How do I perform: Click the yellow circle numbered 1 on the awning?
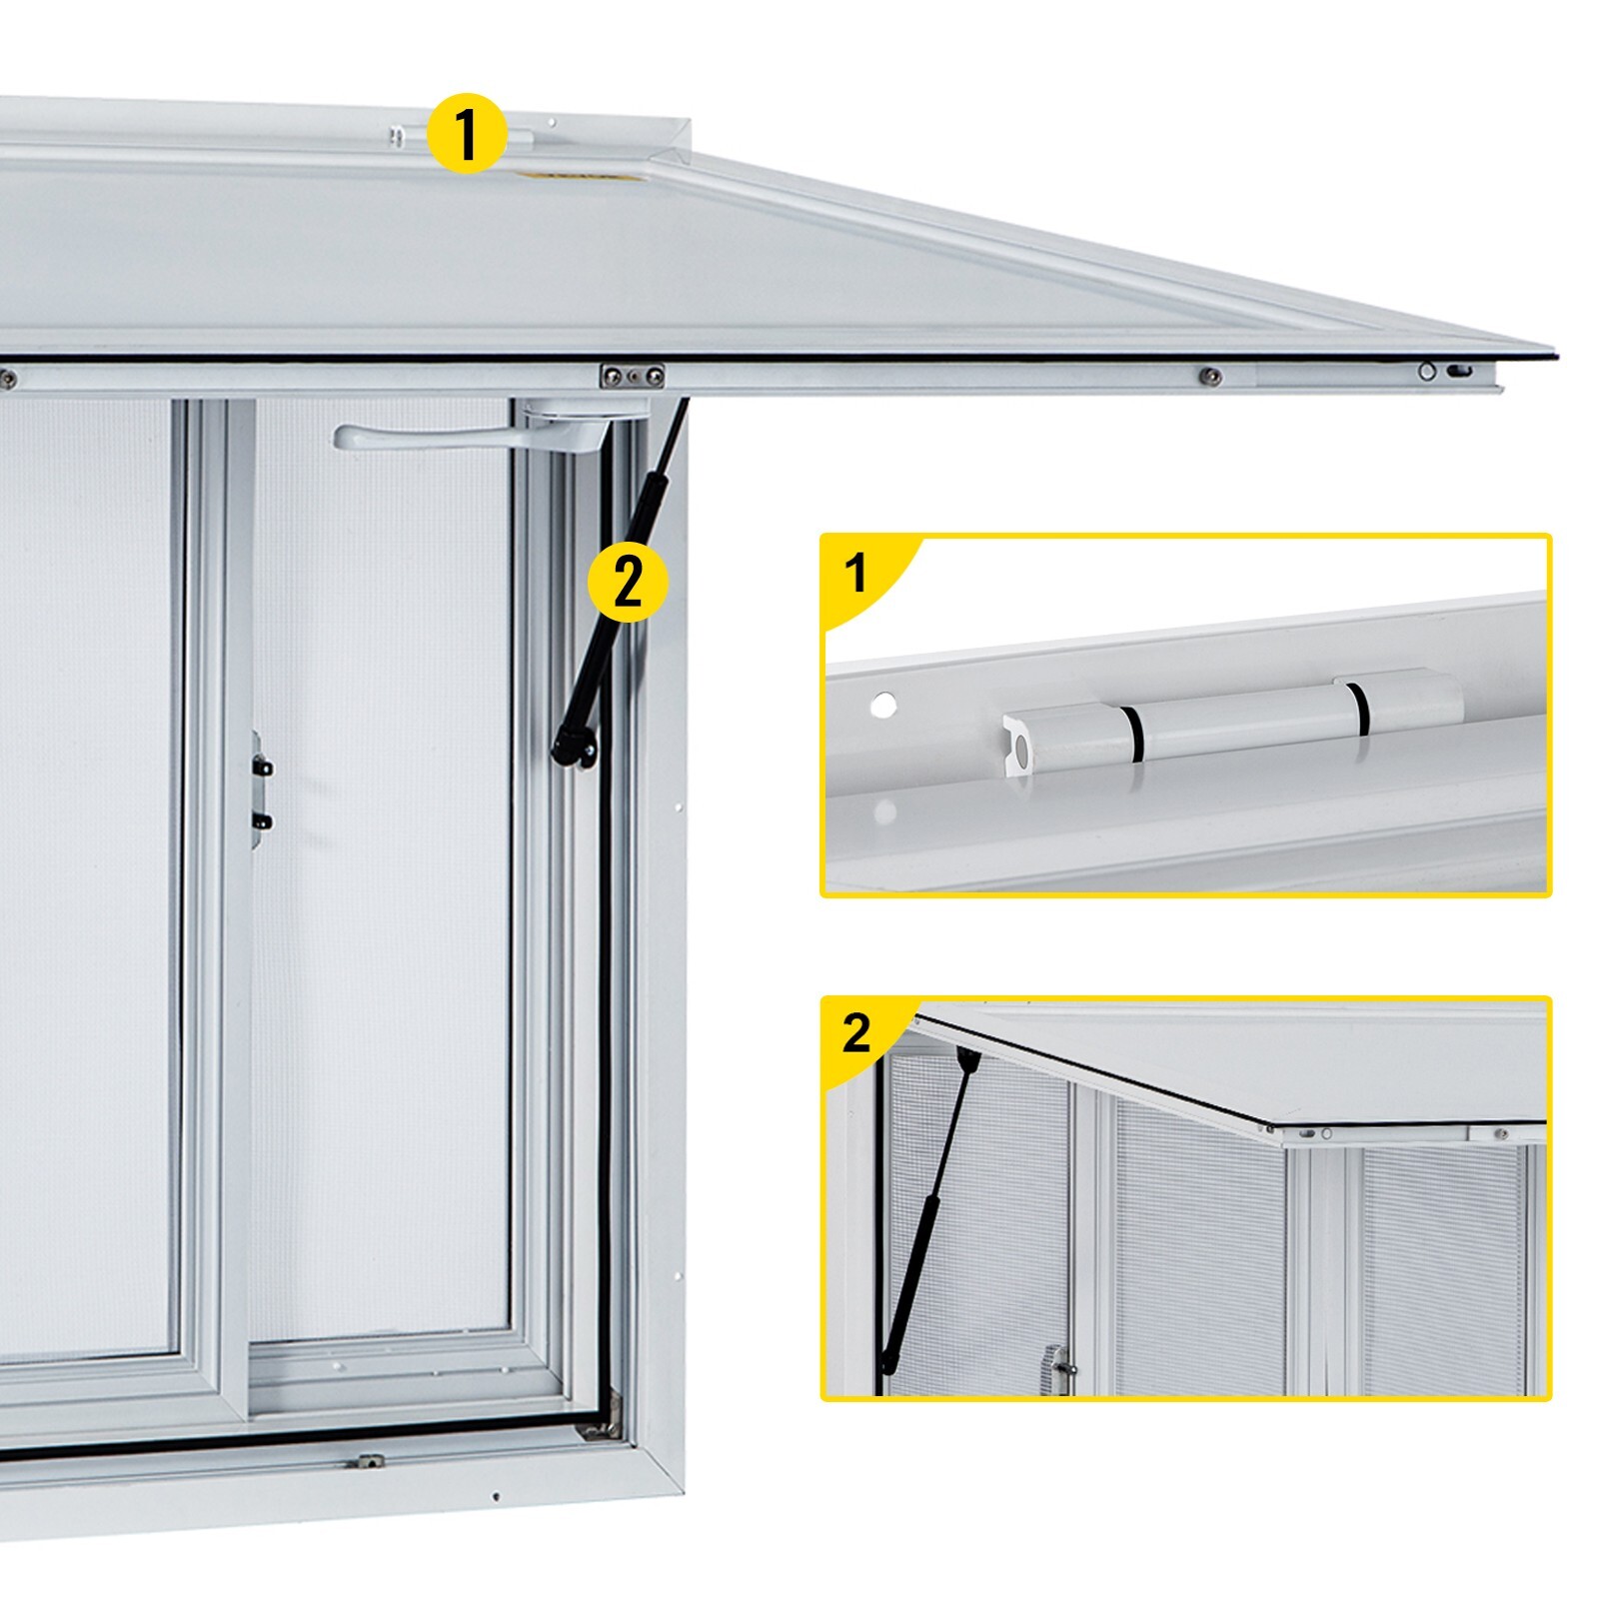(466, 134)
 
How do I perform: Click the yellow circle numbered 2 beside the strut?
(627, 582)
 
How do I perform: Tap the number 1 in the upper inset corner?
(855, 574)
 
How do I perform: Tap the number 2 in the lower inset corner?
(856, 1032)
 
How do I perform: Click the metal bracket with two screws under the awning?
(632, 376)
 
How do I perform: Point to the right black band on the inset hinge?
(1356, 709)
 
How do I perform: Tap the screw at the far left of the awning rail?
(7, 378)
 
